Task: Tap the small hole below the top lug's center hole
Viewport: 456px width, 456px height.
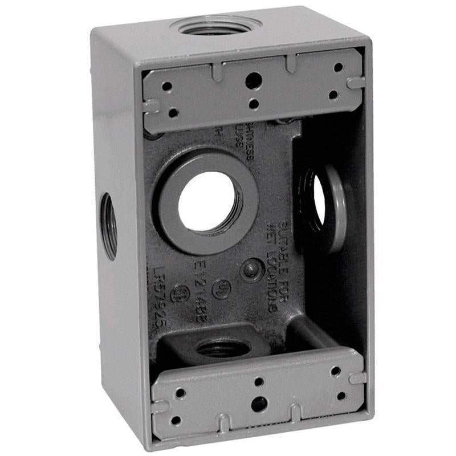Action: tap(254, 104)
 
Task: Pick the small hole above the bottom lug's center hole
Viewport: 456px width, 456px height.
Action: tap(258, 382)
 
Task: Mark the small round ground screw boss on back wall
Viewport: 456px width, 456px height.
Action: tap(251, 269)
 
